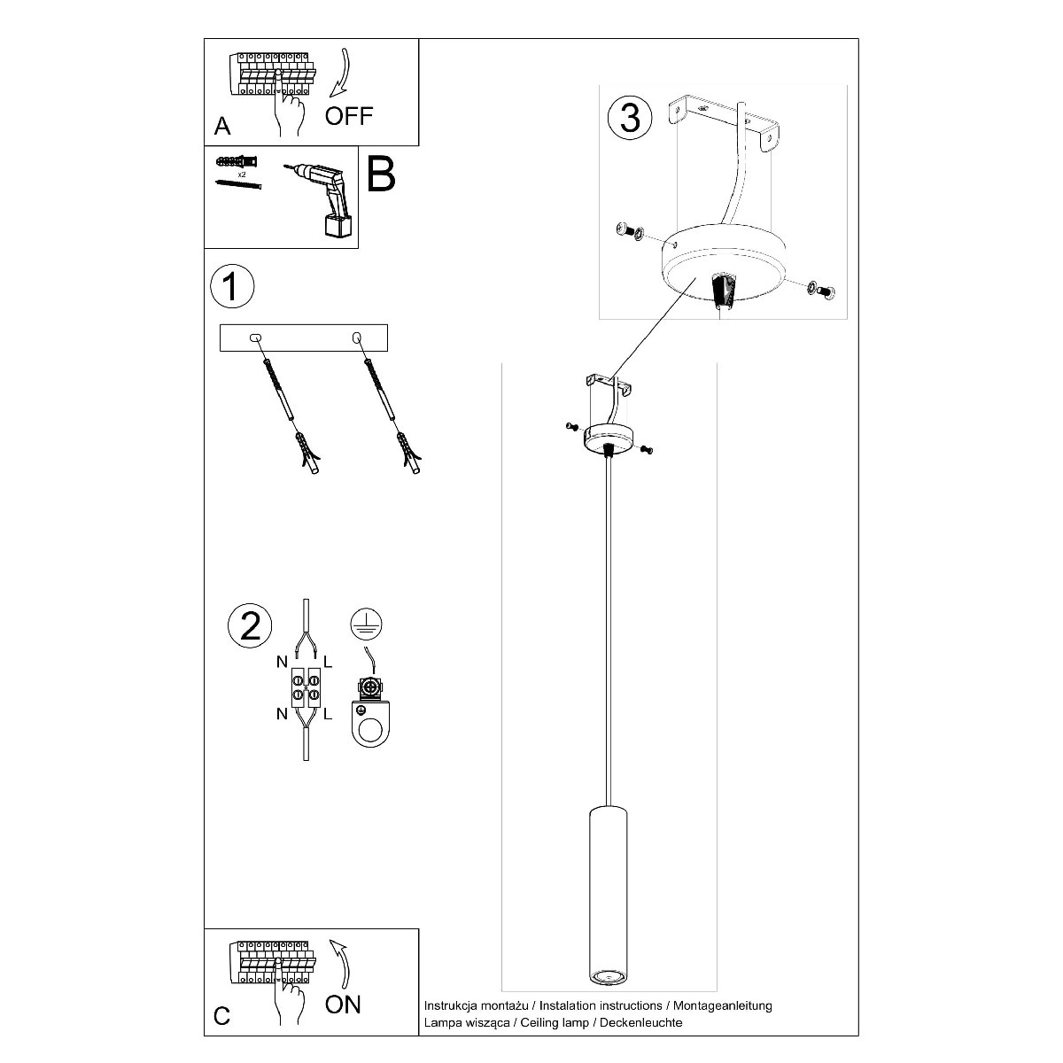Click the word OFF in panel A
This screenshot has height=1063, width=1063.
[349, 116]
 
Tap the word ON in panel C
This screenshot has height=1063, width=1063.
[343, 1005]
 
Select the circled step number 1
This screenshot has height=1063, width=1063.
[232, 286]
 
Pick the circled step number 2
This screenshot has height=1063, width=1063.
[250, 626]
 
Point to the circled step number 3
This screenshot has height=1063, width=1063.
[630, 118]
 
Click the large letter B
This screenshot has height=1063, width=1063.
[381, 174]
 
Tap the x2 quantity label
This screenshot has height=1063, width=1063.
[242, 175]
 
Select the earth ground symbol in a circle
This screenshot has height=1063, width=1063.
[366, 624]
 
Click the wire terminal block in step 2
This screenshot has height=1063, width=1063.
[306, 687]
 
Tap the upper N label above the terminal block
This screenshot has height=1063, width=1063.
[282, 662]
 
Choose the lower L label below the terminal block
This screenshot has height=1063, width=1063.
[328, 714]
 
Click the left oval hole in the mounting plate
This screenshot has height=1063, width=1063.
[255, 338]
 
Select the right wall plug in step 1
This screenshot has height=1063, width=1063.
[407, 454]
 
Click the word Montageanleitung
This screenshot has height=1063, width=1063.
[723, 1005]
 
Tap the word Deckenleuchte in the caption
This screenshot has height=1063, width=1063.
[641, 1023]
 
